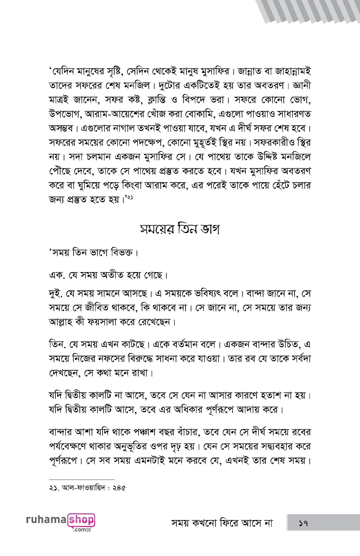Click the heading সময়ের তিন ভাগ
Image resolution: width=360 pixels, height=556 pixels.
180,229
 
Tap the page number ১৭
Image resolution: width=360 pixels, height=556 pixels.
304,522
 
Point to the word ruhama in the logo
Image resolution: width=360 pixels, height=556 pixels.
45,520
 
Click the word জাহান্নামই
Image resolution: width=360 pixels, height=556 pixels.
292,70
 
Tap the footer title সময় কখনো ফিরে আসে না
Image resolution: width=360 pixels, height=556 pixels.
222,523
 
